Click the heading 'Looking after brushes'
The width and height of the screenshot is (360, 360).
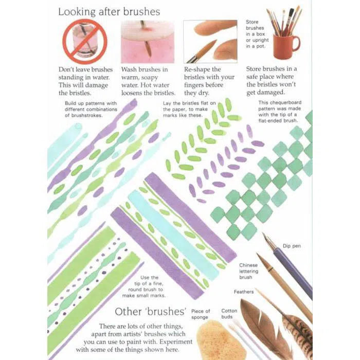coord(109,12)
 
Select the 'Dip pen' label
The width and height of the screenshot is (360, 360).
coord(292,246)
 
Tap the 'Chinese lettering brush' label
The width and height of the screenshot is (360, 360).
coord(248,271)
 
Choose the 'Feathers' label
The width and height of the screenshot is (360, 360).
coord(244,292)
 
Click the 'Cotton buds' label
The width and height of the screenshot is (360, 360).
coord(229,314)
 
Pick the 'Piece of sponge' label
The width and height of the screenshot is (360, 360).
coord(201,314)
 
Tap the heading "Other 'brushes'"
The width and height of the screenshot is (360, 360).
coord(150,312)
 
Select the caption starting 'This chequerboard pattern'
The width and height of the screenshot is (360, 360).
coord(280,112)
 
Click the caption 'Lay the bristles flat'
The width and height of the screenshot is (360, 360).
coord(189,109)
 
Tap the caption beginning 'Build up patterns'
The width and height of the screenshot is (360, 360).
coord(91,109)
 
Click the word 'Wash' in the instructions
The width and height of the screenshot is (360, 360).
coord(129,69)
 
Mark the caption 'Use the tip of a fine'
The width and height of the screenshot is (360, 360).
coord(144,286)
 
